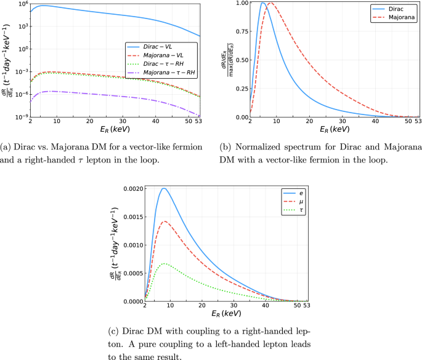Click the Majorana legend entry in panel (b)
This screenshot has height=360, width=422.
pyautogui.click(x=397, y=18)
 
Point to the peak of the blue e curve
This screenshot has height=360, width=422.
pyautogui.click(x=164, y=188)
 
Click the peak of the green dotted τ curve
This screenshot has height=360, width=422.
pyautogui.click(x=164, y=263)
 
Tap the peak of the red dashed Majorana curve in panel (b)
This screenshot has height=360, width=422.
pyautogui.click(x=269, y=3)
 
